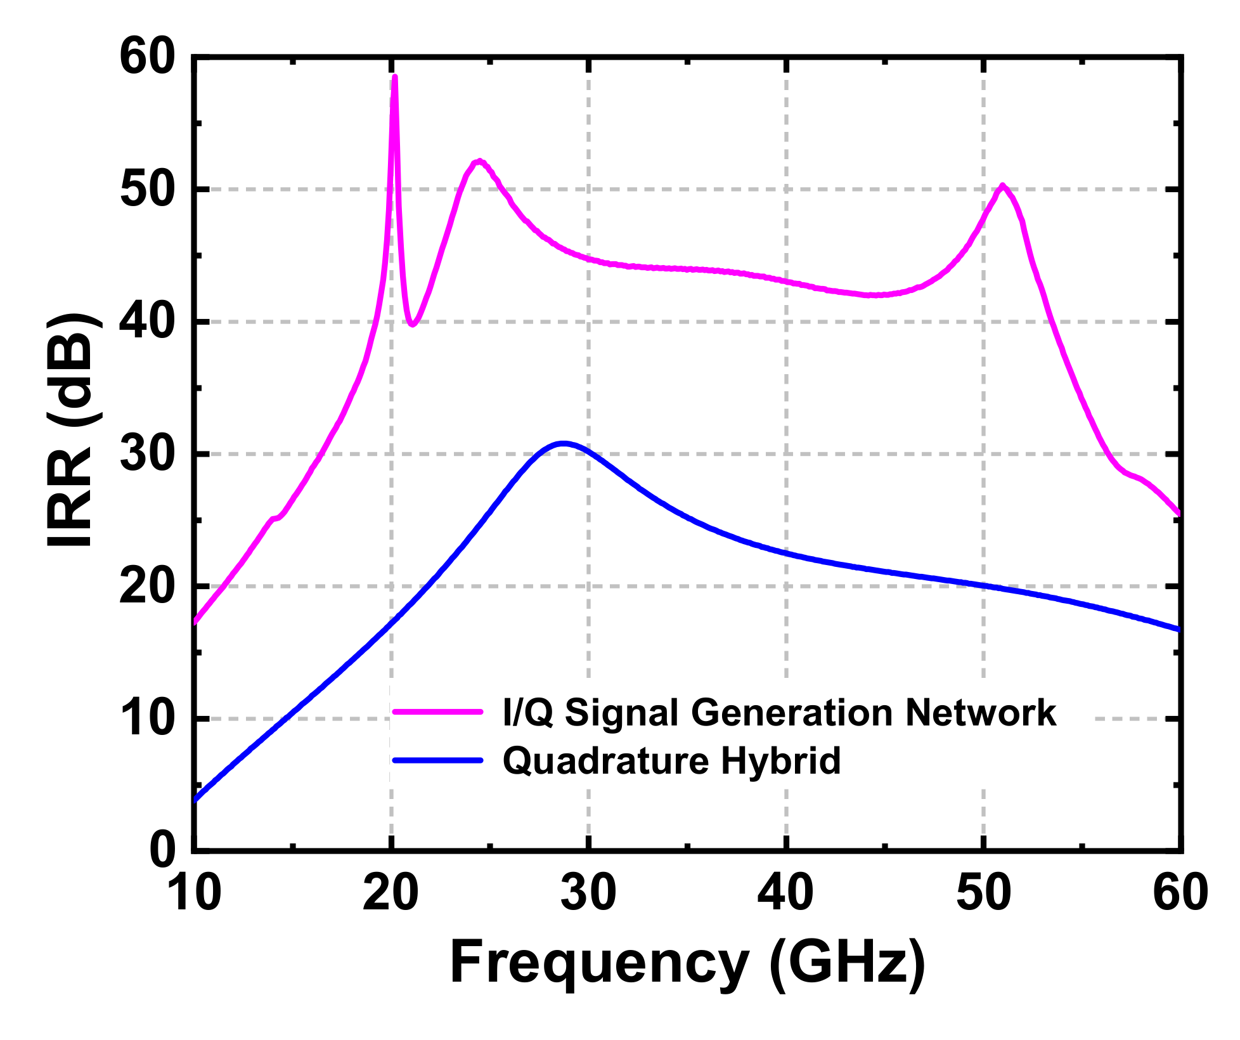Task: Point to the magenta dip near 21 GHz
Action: (x=412, y=324)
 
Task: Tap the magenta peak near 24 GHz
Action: (x=479, y=161)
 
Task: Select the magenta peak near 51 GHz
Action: (x=1002, y=186)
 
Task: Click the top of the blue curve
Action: (x=562, y=443)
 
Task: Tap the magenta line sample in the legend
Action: (x=437, y=712)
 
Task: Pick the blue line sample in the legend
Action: (x=437, y=760)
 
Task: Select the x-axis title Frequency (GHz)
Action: (x=687, y=963)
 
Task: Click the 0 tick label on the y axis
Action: (x=162, y=850)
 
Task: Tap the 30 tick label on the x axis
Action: (x=588, y=893)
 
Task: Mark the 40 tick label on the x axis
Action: (x=785, y=893)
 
